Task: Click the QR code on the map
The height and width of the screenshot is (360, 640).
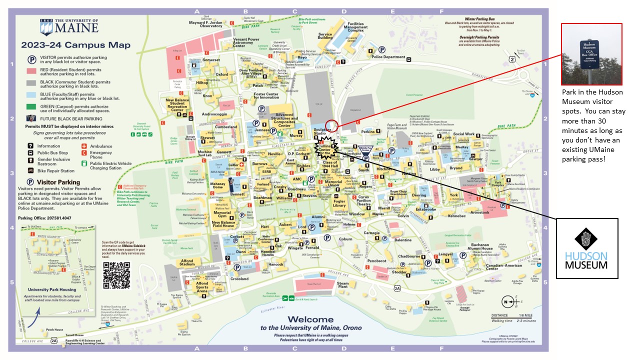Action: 116,275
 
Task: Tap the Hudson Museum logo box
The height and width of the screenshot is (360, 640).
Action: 587,248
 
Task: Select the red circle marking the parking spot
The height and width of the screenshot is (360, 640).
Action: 331,126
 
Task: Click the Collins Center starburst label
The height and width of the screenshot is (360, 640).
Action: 324,149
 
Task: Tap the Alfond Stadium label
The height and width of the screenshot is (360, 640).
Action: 187,263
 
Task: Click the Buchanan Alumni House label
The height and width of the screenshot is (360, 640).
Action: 480,246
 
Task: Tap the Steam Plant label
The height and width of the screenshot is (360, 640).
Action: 342,285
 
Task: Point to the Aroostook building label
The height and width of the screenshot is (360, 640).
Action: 479,212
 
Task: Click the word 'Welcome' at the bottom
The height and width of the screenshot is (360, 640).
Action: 311,319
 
